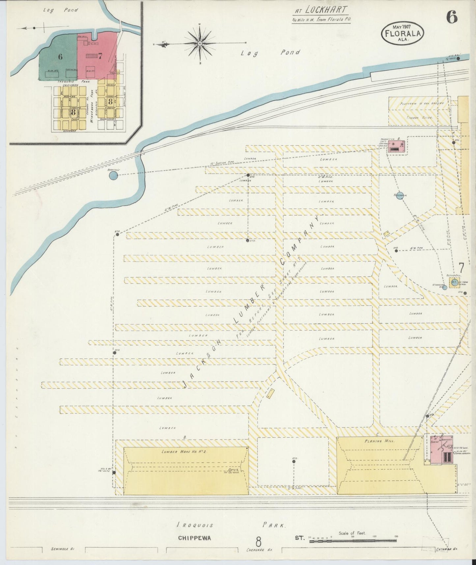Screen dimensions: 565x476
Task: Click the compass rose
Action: click(x=200, y=43)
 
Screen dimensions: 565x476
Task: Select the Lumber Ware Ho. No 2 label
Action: click(x=184, y=452)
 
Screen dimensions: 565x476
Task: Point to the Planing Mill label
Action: click(x=378, y=441)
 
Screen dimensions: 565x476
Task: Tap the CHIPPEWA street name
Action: click(x=194, y=538)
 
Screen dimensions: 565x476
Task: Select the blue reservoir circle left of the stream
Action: click(x=113, y=175)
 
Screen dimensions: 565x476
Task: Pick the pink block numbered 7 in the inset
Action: click(x=97, y=56)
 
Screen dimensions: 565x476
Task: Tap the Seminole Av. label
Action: click(x=63, y=549)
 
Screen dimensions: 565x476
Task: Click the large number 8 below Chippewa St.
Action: click(x=259, y=541)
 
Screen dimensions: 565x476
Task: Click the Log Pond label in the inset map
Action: click(x=61, y=10)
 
